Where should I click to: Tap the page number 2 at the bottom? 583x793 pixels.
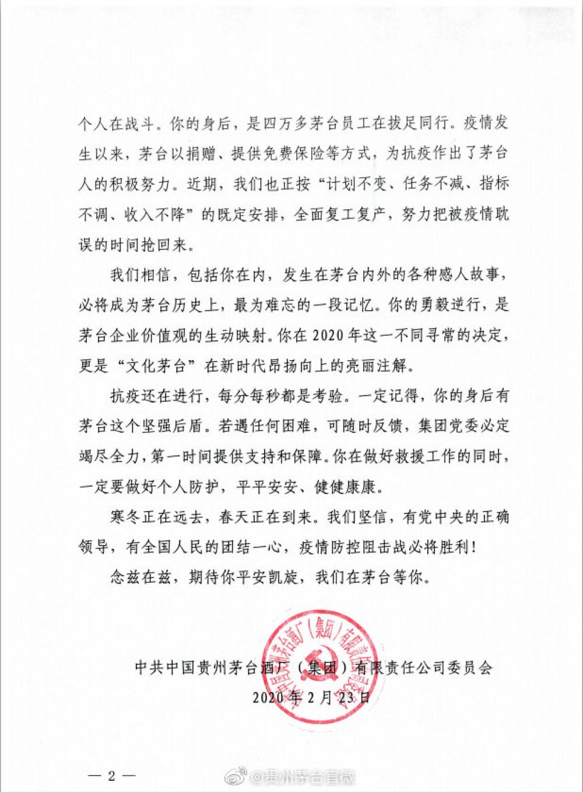click(111, 776)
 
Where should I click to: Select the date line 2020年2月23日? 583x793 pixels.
click(311, 697)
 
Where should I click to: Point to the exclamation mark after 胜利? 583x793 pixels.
click(477, 548)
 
